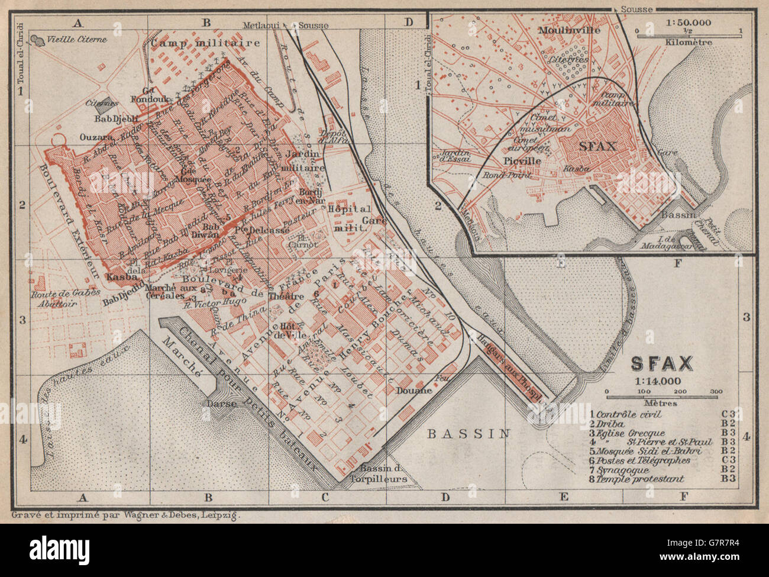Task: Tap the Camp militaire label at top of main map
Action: point(205,43)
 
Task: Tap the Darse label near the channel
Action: point(222,404)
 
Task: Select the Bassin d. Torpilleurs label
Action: point(376,472)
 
